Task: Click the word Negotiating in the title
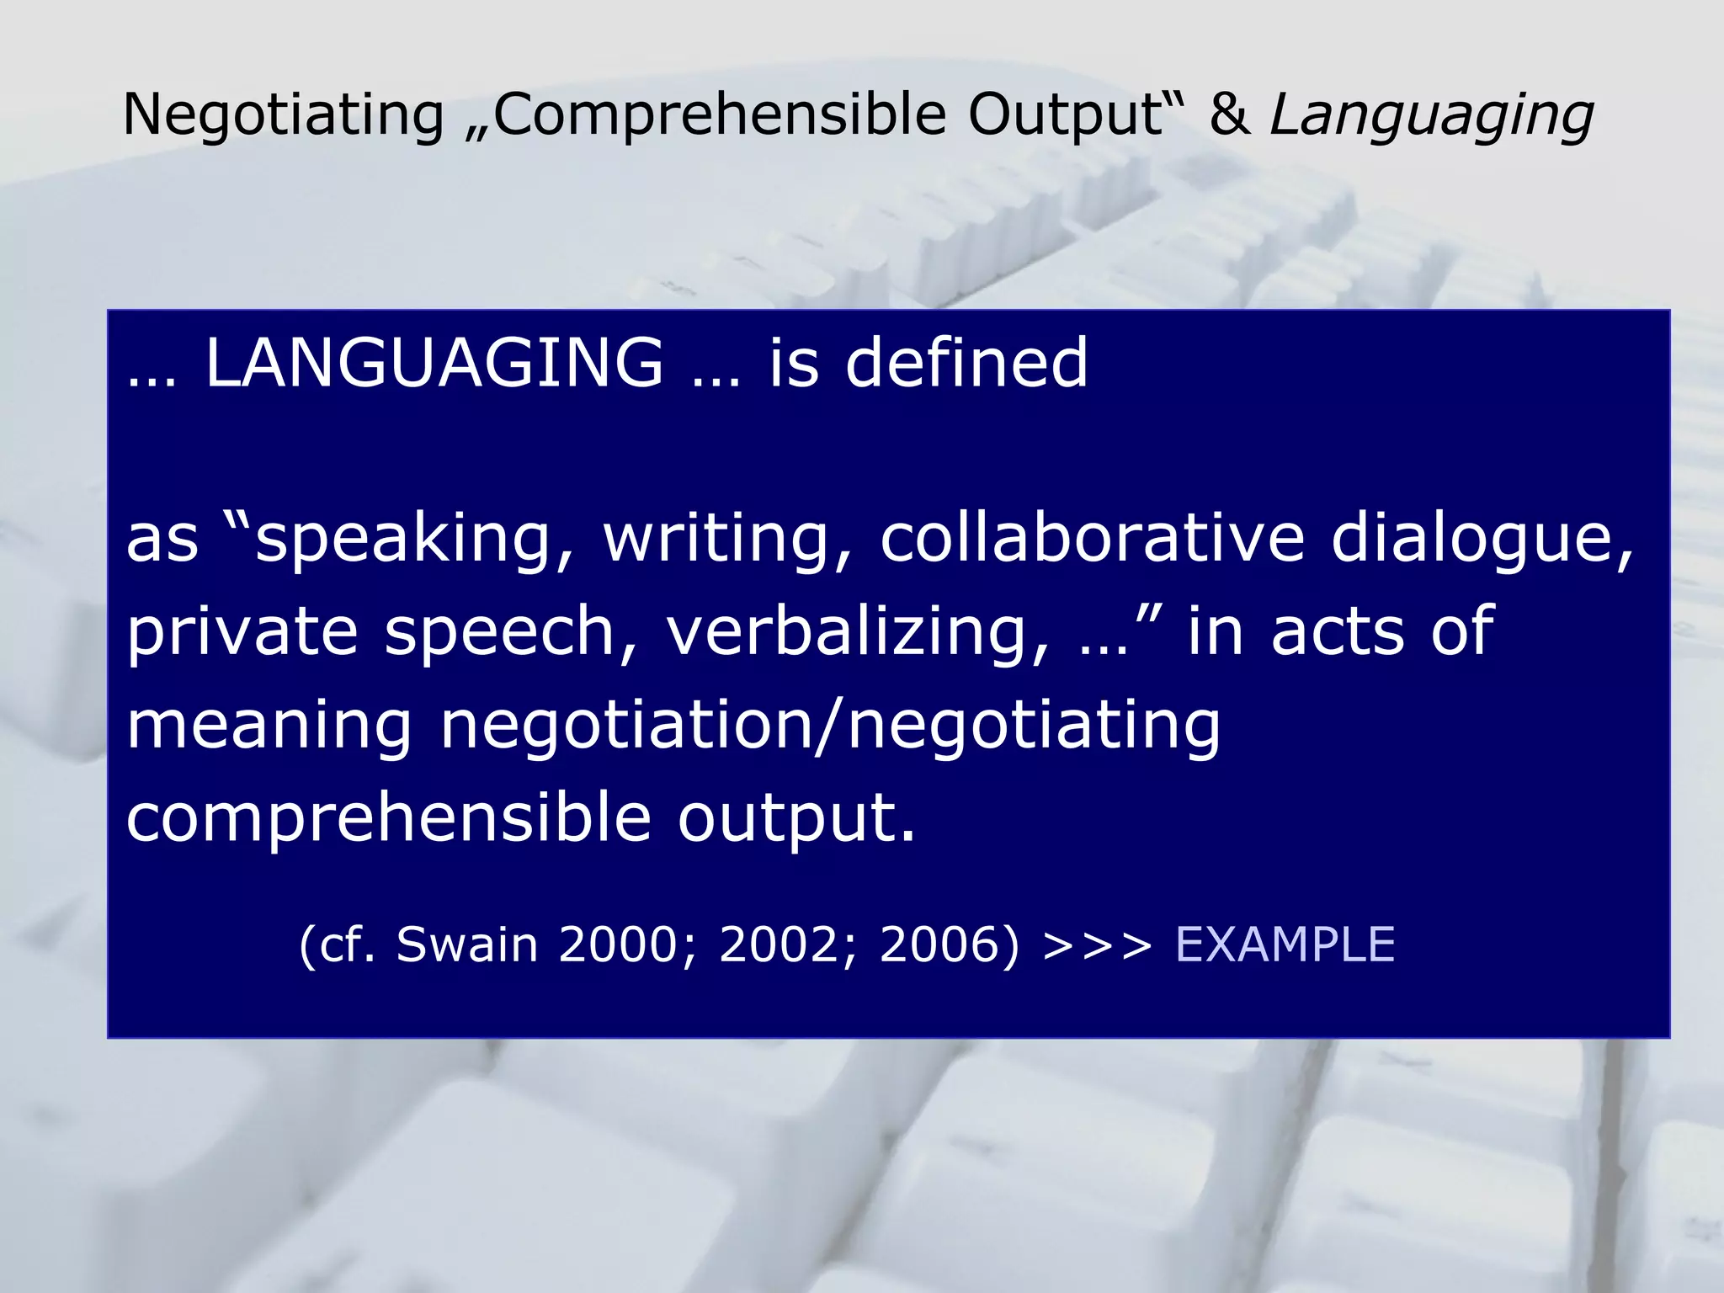[x=283, y=114]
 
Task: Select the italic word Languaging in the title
[x=1431, y=116]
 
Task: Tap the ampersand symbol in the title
[x=1229, y=114]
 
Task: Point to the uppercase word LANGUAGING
[x=434, y=363]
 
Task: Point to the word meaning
[x=269, y=726]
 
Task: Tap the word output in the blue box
[x=795, y=818]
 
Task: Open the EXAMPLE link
[x=1285, y=944]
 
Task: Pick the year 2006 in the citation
[x=946, y=944]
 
